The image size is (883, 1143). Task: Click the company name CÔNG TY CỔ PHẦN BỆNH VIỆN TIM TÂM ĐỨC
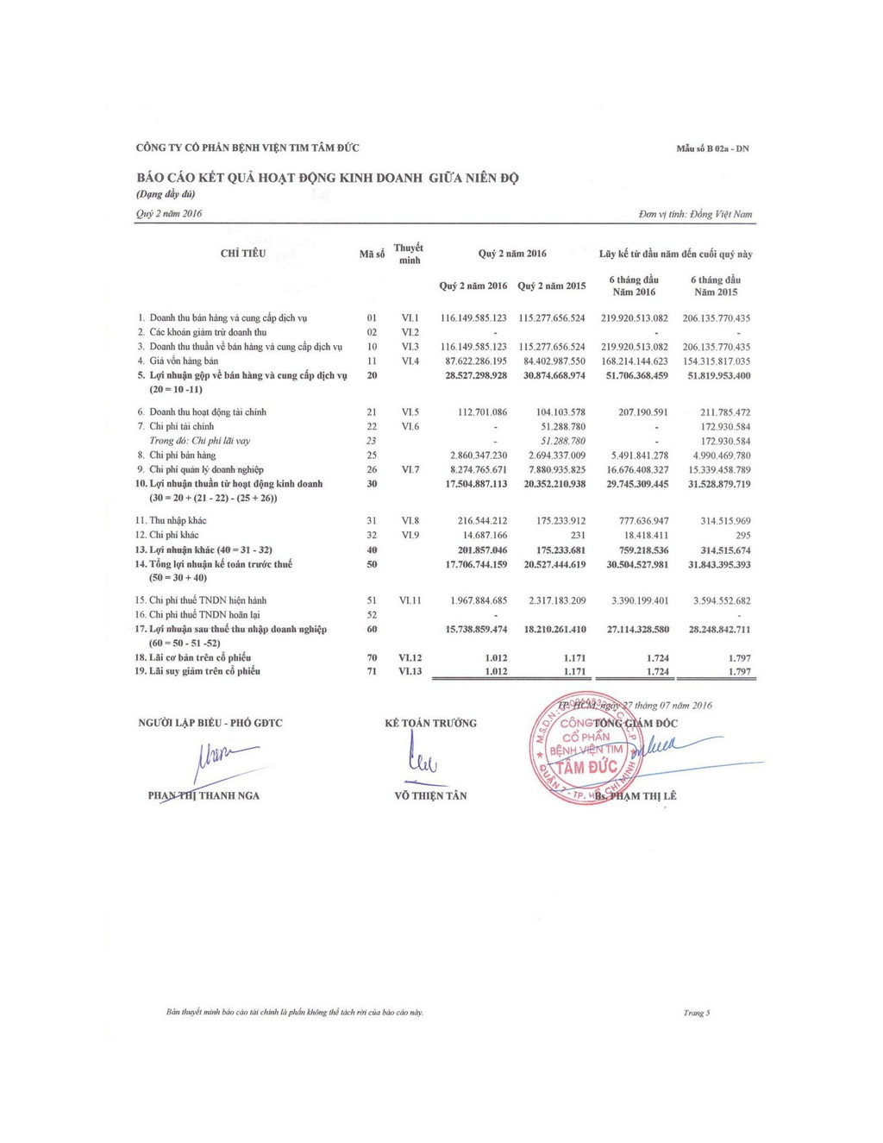247,148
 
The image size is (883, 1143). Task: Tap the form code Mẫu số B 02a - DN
712,148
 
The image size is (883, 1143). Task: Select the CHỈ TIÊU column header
243,254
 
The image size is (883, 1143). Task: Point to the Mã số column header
372,254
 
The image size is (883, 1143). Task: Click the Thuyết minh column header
409,254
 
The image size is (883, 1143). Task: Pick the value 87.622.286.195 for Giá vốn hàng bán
476,361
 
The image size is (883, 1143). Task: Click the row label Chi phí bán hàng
182,455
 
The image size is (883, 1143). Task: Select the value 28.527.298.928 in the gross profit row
476,376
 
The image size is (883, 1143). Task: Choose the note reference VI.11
410,600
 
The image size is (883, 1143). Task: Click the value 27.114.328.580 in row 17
637,630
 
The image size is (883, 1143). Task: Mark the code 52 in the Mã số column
372,615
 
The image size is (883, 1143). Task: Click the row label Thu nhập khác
178,521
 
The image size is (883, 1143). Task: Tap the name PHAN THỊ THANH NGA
204,795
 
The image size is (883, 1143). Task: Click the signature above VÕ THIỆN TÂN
422,760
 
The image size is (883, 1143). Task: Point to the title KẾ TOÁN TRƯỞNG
430,723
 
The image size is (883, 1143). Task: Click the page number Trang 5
696,1013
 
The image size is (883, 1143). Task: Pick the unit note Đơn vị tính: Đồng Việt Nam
695,214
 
